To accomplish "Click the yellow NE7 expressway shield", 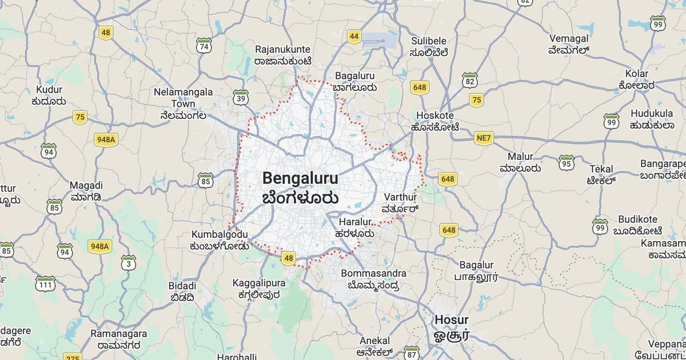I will (x=484, y=138).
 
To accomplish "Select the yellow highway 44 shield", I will (x=354, y=37).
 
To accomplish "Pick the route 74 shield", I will (x=204, y=46).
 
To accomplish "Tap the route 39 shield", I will (x=241, y=98).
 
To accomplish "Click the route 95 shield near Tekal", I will (x=567, y=163).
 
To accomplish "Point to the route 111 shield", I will (x=45, y=283).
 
